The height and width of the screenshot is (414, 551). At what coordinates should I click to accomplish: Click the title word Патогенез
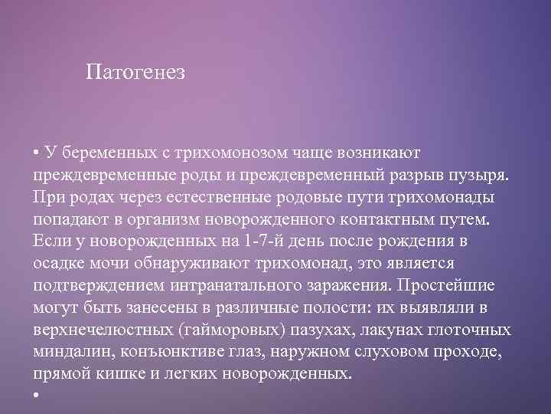[135, 73]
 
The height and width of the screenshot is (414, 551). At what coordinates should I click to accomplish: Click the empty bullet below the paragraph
[36, 396]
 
